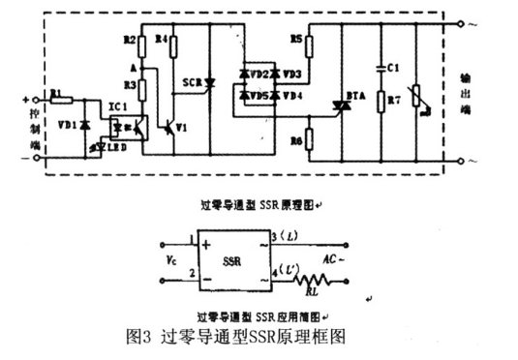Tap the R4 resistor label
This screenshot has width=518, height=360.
coord(162,41)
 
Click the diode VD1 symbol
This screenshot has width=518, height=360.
coord(85,127)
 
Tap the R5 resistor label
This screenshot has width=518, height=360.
coord(296,42)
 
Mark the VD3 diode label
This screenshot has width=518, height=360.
coord(292,73)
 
